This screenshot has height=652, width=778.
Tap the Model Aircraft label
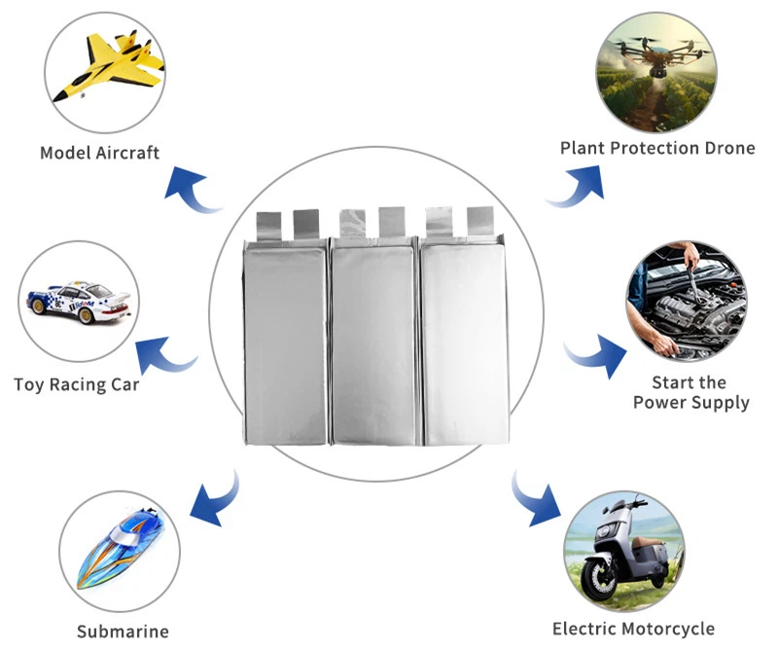coord(100,152)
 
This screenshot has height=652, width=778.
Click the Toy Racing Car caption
coord(76,384)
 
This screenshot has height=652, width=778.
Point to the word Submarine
coord(124,632)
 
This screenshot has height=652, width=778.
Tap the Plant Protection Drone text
coord(657,148)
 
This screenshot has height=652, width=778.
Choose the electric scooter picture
coord(622,550)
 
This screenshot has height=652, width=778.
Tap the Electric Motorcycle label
coord(632,629)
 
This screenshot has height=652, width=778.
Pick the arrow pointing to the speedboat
coord(213,496)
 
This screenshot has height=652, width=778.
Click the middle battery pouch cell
coord(374,341)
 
